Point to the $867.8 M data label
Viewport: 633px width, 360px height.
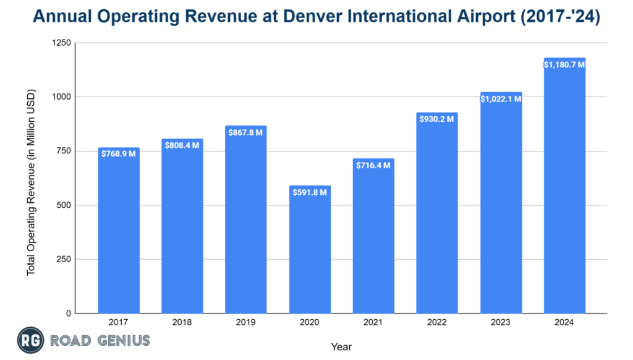246,133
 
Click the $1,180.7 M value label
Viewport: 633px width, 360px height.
564,64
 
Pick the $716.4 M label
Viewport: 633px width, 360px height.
373,166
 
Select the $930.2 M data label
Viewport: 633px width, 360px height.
437,119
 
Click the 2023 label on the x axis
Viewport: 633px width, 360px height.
501,323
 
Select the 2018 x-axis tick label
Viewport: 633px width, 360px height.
182,323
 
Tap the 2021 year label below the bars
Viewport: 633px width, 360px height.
373,323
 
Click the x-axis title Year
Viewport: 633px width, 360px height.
341,347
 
